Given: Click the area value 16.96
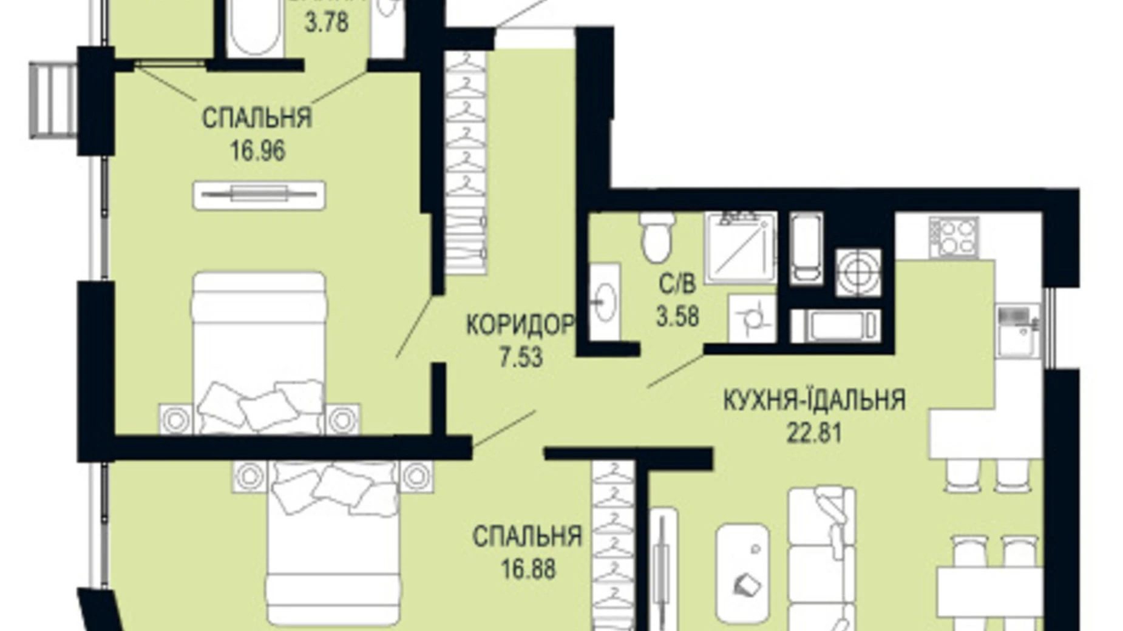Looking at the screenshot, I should [x=257, y=150].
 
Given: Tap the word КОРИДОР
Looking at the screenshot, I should [x=520, y=326].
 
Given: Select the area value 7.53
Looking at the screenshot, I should [x=520, y=357].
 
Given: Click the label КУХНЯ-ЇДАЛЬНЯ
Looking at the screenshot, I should [x=814, y=400].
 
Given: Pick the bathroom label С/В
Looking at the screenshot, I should [x=677, y=283].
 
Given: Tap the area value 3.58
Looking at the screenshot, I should [x=677, y=315].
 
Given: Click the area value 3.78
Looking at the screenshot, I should [x=326, y=23].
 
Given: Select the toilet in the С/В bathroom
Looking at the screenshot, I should [x=657, y=237].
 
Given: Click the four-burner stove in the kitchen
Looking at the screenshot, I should [x=953, y=237].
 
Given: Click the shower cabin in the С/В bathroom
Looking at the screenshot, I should [x=740, y=247].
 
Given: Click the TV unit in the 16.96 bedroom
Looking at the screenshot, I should [x=259, y=195].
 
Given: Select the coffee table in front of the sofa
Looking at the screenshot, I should [x=742, y=573].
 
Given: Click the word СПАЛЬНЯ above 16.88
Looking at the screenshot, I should [x=527, y=536].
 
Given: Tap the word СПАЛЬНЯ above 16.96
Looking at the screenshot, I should [x=257, y=118].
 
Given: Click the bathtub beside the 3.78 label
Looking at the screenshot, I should [x=256, y=27].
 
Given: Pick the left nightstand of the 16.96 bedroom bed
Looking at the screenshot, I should [x=176, y=419].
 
